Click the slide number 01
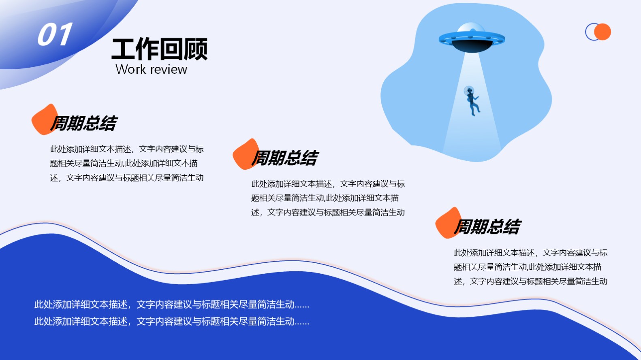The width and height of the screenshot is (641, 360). [55, 34]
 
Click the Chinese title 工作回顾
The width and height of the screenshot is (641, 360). [159, 49]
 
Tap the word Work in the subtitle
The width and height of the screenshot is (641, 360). [131, 69]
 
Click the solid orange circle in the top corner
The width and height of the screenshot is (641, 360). [603, 32]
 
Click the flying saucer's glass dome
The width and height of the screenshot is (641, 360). [471, 28]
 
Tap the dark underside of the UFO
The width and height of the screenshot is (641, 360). [472, 46]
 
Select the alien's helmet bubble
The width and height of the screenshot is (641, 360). [469, 91]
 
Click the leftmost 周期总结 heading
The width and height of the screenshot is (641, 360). [84, 123]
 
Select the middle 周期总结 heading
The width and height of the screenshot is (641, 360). [285, 158]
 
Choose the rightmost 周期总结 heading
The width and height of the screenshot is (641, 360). [487, 227]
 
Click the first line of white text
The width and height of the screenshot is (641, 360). [172, 304]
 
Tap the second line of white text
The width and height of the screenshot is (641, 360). [172, 321]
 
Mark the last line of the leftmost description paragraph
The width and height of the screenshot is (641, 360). [127, 178]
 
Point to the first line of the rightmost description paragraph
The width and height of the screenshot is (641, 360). [530, 253]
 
